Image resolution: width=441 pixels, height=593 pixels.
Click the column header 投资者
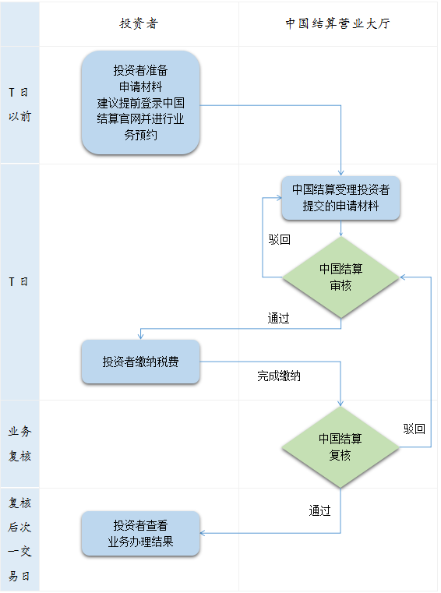coord(139,23)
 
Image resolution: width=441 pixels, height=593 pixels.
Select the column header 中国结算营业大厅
coord(337,23)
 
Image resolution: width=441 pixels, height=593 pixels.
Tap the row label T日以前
coord(19,104)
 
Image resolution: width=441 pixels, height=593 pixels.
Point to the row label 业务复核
coord(19,443)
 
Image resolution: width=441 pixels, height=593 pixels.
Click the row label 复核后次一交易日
coord(19,540)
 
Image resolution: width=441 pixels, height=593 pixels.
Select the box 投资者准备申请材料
coord(140,103)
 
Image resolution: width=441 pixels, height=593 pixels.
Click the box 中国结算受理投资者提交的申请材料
coord(340,198)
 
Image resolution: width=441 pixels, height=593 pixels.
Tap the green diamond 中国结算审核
coord(340,277)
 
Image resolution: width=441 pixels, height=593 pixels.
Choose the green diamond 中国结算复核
coord(340,447)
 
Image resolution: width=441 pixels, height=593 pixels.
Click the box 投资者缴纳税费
coord(140,362)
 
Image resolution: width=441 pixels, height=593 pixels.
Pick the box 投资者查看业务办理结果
coord(140,533)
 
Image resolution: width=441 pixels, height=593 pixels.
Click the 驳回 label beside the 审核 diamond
coord(280,239)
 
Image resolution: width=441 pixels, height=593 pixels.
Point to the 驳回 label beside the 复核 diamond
coord(415,429)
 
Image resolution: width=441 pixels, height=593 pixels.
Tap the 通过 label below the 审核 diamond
coord(279,318)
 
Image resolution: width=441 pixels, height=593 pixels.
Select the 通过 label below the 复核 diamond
coord(320,510)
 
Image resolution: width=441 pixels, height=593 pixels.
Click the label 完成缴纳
coord(279,376)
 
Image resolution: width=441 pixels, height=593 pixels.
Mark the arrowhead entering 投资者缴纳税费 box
coord(140,336)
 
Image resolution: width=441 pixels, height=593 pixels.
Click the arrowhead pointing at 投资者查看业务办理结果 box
coord(203,533)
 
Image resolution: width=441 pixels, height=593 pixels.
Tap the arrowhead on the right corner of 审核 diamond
coord(403,277)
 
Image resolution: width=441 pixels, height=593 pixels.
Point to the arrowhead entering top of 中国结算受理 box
coord(340,173)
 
